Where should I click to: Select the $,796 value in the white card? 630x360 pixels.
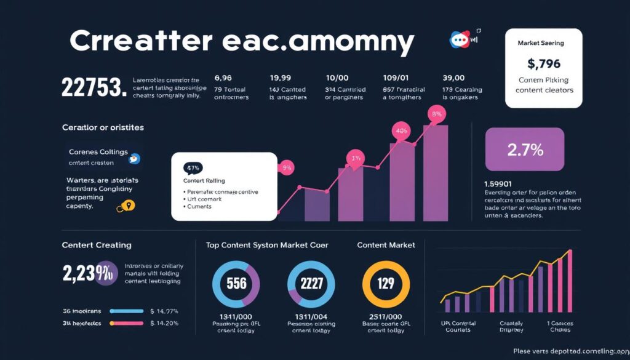coord(543,63)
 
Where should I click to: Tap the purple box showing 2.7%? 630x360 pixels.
coord(524,149)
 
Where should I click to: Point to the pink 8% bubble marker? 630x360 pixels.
coord(438,114)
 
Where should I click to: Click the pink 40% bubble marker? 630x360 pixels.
coord(402,130)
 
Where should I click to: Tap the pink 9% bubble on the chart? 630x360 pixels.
coord(287,167)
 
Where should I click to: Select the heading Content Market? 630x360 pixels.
coord(386,245)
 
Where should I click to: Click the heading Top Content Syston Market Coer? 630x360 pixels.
coord(266,245)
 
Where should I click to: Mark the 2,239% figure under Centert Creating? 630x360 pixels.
coord(90,274)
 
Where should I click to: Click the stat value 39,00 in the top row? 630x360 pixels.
coord(455,78)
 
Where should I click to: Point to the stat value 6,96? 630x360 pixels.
coord(223,78)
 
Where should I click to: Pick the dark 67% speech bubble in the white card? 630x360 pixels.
coord(193,167)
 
